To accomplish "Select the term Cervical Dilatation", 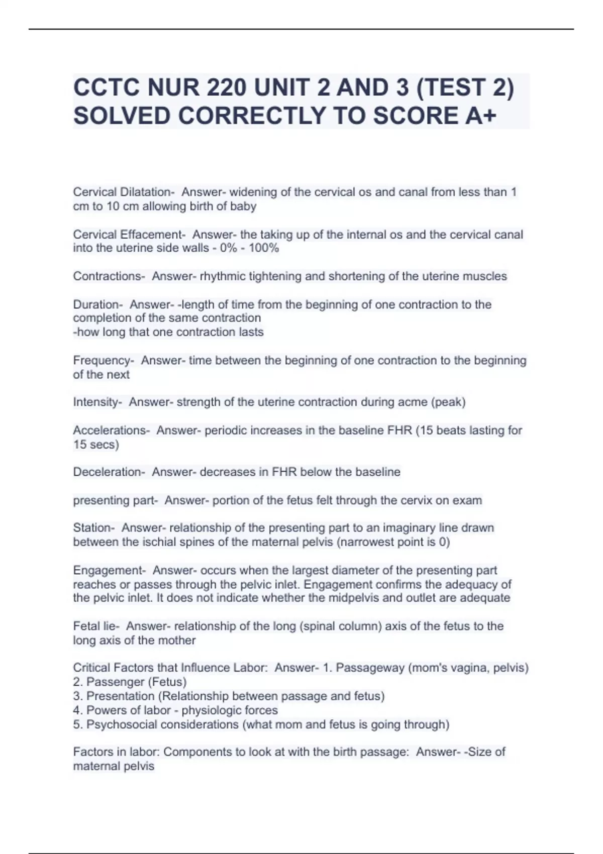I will click(x=122, y=192).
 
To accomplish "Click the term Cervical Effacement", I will click(x=128, y=235).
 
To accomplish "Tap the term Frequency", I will click(x=102, y=361).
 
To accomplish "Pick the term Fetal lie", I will click(x=95, y=626).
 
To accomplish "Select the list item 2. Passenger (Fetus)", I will click(x=130, y=682).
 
